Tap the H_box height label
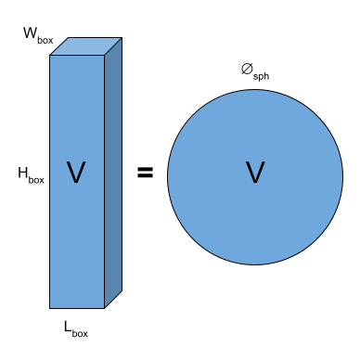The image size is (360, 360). point(32,174)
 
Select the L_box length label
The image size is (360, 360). point(75,328)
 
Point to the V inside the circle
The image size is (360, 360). point(255,172)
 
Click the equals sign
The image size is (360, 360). point(146,172)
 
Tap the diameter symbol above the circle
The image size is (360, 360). point(247,68)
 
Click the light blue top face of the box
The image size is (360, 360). point(86,46)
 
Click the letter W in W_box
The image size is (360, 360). point(29,34)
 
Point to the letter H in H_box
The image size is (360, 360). point(22,172)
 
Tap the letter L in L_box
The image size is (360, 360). point(68,326)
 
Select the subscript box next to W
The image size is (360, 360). point(45,40)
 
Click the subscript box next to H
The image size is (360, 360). point(38,176)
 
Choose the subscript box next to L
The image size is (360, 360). point(82,330)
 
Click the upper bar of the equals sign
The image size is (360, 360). point(146,168)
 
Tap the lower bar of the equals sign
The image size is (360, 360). point(146,176)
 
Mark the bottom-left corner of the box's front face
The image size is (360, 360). point(50,307)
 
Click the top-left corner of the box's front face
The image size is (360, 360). point(50,56)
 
